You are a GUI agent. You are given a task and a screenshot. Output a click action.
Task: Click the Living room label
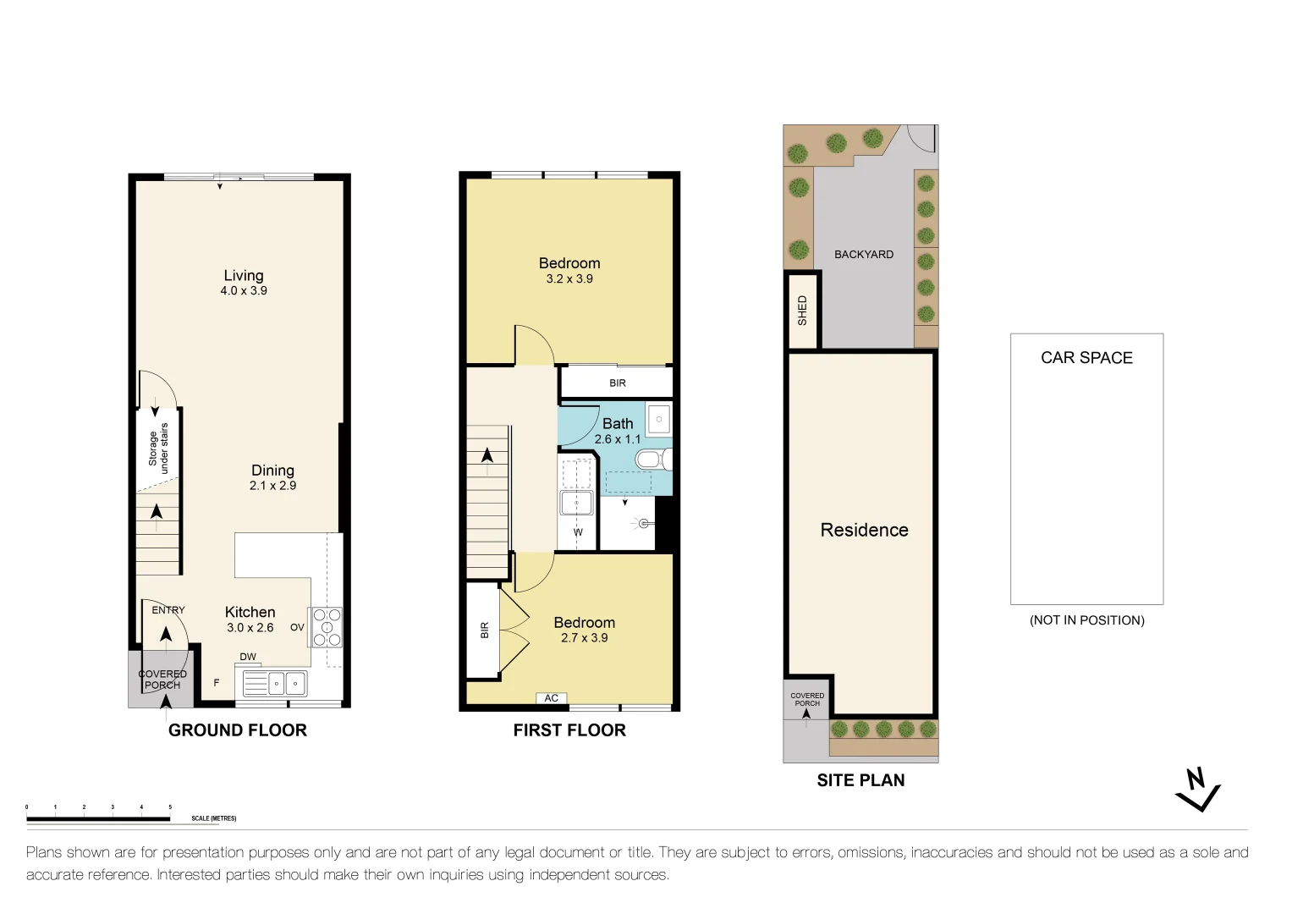(x=244, y=276)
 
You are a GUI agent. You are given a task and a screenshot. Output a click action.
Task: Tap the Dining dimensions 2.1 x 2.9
(x=272, y=486)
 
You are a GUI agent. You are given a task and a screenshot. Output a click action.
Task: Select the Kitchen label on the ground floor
(x=250, y=612)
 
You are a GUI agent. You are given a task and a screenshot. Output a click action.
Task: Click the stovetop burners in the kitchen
(x=327, y=627)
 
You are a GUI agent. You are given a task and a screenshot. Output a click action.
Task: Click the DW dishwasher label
(x=248, y=657)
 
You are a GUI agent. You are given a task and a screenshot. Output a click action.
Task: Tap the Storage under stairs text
(x=158, y=448)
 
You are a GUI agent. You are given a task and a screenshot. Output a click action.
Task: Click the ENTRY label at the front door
(x=168, y=609)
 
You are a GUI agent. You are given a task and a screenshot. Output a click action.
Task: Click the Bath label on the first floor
(x=618, y=423)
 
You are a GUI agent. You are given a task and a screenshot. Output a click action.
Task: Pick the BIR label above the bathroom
(x=618, y=383)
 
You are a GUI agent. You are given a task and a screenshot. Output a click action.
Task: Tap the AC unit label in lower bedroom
(x=552, y=698)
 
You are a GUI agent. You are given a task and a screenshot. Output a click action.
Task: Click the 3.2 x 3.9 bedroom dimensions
(x=569, y=279)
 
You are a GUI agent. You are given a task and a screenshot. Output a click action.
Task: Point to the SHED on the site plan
(x=802, y=311)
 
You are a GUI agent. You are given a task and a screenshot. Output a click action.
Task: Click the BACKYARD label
(x=864, y=254)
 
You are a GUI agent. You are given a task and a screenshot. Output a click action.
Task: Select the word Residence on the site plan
(x=864, y=530)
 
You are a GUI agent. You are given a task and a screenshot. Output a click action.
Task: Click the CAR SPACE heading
(x=1086, y=358)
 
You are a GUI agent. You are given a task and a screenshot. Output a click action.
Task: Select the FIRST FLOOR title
(x=569, y=730)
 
